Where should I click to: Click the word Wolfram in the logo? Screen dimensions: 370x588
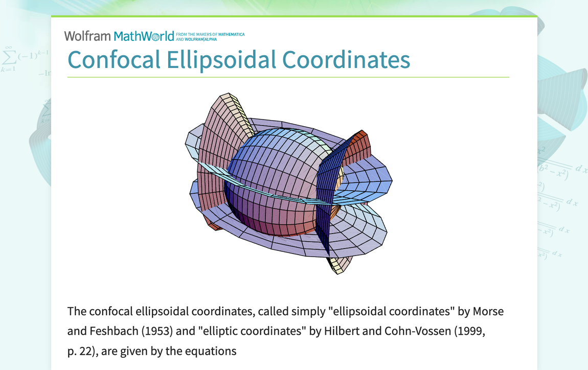coord(87,36)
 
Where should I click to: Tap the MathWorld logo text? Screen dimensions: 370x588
coord(144,36)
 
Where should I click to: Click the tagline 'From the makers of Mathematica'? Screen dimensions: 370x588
coord(210,35)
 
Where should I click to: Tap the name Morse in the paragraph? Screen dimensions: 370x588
coord(488,311)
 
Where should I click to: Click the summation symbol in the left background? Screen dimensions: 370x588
coord(9,55)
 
